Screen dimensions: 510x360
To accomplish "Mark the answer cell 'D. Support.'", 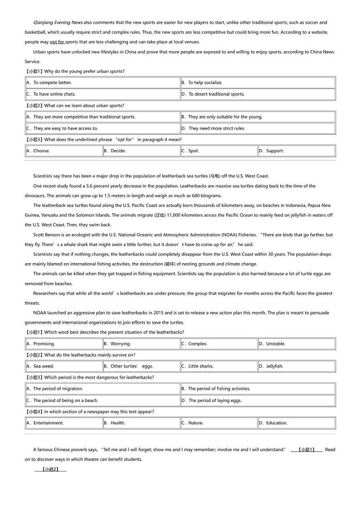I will click(x=274, y=151).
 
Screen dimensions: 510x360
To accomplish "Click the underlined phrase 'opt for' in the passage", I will click(x=57, y=42).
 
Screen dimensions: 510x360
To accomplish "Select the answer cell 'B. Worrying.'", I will click(x=120, y=343).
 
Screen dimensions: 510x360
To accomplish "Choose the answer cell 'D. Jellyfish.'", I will click(x=274, y=366).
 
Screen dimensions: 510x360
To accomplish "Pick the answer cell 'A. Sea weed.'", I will click(x=43, y=366).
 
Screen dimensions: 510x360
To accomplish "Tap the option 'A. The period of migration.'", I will click(x=58, y=388).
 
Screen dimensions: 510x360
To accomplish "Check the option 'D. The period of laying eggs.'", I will click(x=215, y=400).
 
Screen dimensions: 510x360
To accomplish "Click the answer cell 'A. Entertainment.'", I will click(x=48, y=423).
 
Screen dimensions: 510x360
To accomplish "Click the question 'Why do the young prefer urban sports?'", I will click(x=84, y=71).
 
